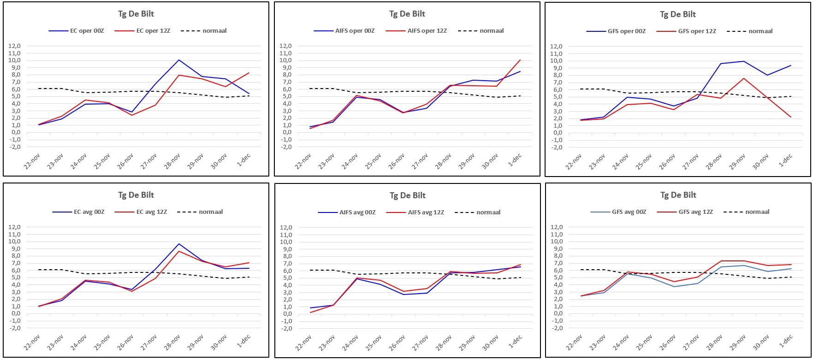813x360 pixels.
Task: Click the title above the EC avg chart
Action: pyautogui.click(x=136, y=195)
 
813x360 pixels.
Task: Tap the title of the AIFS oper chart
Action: pyautogui.click(x=407, y=14)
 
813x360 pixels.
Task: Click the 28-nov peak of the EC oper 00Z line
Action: pyautogui.click(x=179, y=60)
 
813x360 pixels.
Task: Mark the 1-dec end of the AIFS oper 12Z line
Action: pyautogui.click(x=520, y=59)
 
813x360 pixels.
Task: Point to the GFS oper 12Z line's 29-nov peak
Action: pyautogui.click(x=742, y=78)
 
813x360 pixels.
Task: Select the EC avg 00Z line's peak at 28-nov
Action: pyautogui.click(x=179, y=244)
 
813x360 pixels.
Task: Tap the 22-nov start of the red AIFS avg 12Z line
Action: pyautogui.click(x=309, y=313)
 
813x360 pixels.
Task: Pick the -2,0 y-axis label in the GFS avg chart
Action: pyautogui.click(x=557, y=328)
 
